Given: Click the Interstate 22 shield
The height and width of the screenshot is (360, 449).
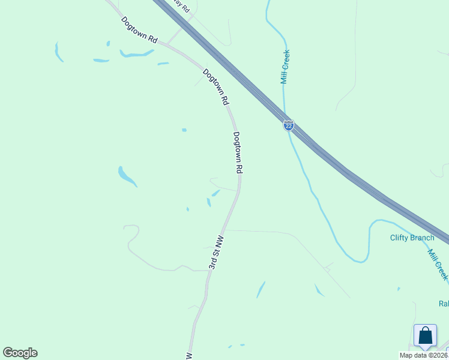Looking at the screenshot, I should [289, 125].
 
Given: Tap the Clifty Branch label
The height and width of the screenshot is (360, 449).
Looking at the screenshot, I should [412, 238].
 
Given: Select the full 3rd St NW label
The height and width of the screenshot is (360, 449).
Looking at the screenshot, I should [217, 252].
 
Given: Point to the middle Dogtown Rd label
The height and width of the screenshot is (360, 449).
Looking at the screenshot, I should [216, 88].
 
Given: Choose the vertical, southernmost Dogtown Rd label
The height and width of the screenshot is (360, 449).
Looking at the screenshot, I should [238, 153].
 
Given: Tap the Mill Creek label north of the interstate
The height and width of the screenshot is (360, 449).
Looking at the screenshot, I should [285, 67].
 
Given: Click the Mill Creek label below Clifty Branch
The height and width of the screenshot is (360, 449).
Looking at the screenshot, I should [438, 264].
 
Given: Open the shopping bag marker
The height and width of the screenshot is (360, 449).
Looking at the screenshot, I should [425, 337].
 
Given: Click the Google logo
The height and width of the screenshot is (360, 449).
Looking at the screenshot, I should [20, 353].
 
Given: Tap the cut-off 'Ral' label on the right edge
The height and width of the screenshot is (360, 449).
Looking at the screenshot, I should [444, 304].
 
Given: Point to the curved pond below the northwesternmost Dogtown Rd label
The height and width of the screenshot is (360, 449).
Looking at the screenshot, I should [137, 55].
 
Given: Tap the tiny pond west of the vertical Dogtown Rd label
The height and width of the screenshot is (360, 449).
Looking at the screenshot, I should [184, 130].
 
